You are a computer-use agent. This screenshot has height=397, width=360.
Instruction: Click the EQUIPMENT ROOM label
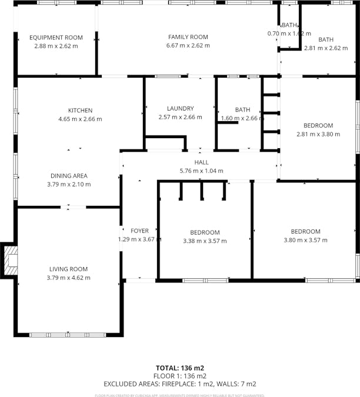pyautogui.click(x=56, y=38)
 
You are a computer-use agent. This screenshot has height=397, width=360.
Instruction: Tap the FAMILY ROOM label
pyautogui.click(x=188, y=37)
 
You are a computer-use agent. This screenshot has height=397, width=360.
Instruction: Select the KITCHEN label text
pyautogui.click(x=80, y=111)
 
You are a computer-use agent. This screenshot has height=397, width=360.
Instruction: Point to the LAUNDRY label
pyautogui.click(x=180, y=109)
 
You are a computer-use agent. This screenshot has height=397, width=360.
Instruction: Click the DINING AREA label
pyautogui.click(x=69, y=176)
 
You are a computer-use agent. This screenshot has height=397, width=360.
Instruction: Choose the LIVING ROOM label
pyautogui.click(x=68, y=269)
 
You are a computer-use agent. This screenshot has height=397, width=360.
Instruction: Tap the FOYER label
pyautogui.click(x=139, y=231)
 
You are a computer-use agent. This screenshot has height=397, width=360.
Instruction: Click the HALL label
pyautogui.click(x=201, y=163)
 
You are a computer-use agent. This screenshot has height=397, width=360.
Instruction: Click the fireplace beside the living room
pyautogui.click(x=10, y=259)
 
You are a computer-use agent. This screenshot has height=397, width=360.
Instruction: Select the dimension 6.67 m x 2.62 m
pyautogui.click(x=188, y=45)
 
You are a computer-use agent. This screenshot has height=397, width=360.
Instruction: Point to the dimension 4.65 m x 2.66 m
pyautogui.click(x=80, y=119)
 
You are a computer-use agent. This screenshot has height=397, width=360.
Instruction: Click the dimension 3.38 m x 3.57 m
pyautogui.click(x=205, y=241)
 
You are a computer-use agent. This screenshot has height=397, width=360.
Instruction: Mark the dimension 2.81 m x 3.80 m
pyautogui.click(x=318, y=134)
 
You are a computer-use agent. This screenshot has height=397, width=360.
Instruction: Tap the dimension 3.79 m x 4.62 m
pyautogui.click(x=68, y=278)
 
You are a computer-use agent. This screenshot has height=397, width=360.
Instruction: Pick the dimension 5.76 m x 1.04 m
pyautogui.click(x=201, y=171)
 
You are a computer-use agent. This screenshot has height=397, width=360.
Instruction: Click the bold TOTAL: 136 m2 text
pyautogui.click(x=180, y=368)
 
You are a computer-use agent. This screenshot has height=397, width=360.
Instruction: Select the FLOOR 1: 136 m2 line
pyautogui.click(x=180, y=376)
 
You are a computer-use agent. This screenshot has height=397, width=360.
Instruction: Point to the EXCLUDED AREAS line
pyautogui.click(x=180, y=383)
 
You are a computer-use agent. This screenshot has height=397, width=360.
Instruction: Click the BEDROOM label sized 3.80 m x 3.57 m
pyautogui.click(x=305, y=232)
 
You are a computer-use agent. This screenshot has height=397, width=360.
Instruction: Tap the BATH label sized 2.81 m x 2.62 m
pyautogui.click(x=326, y=40)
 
